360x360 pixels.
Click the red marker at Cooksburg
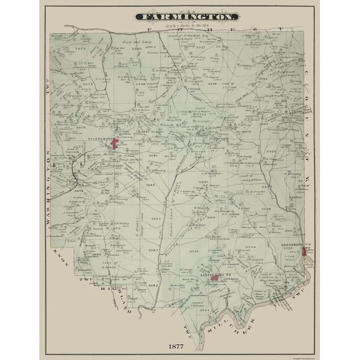coord(304,251)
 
